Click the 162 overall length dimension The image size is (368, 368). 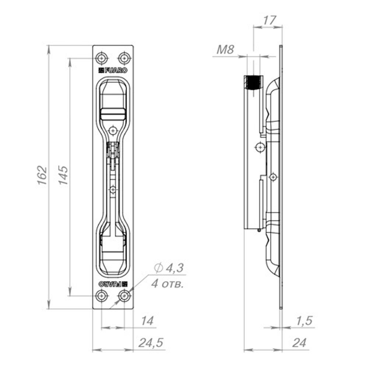[x=42, y=176]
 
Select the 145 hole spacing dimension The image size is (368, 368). [x=63, y=175]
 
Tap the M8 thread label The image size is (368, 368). [x=225, y=50]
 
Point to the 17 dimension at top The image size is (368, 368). [x=269, y=20]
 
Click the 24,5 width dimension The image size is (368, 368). [x=151, y=343]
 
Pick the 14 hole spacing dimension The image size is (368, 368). [x=147, y=321]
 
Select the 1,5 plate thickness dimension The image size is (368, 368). [x=304, y=321]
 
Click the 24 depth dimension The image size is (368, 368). [x=299, y=343]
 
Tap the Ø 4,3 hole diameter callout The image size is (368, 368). [x=169, y=268]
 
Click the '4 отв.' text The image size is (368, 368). [x=167, y=284]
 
